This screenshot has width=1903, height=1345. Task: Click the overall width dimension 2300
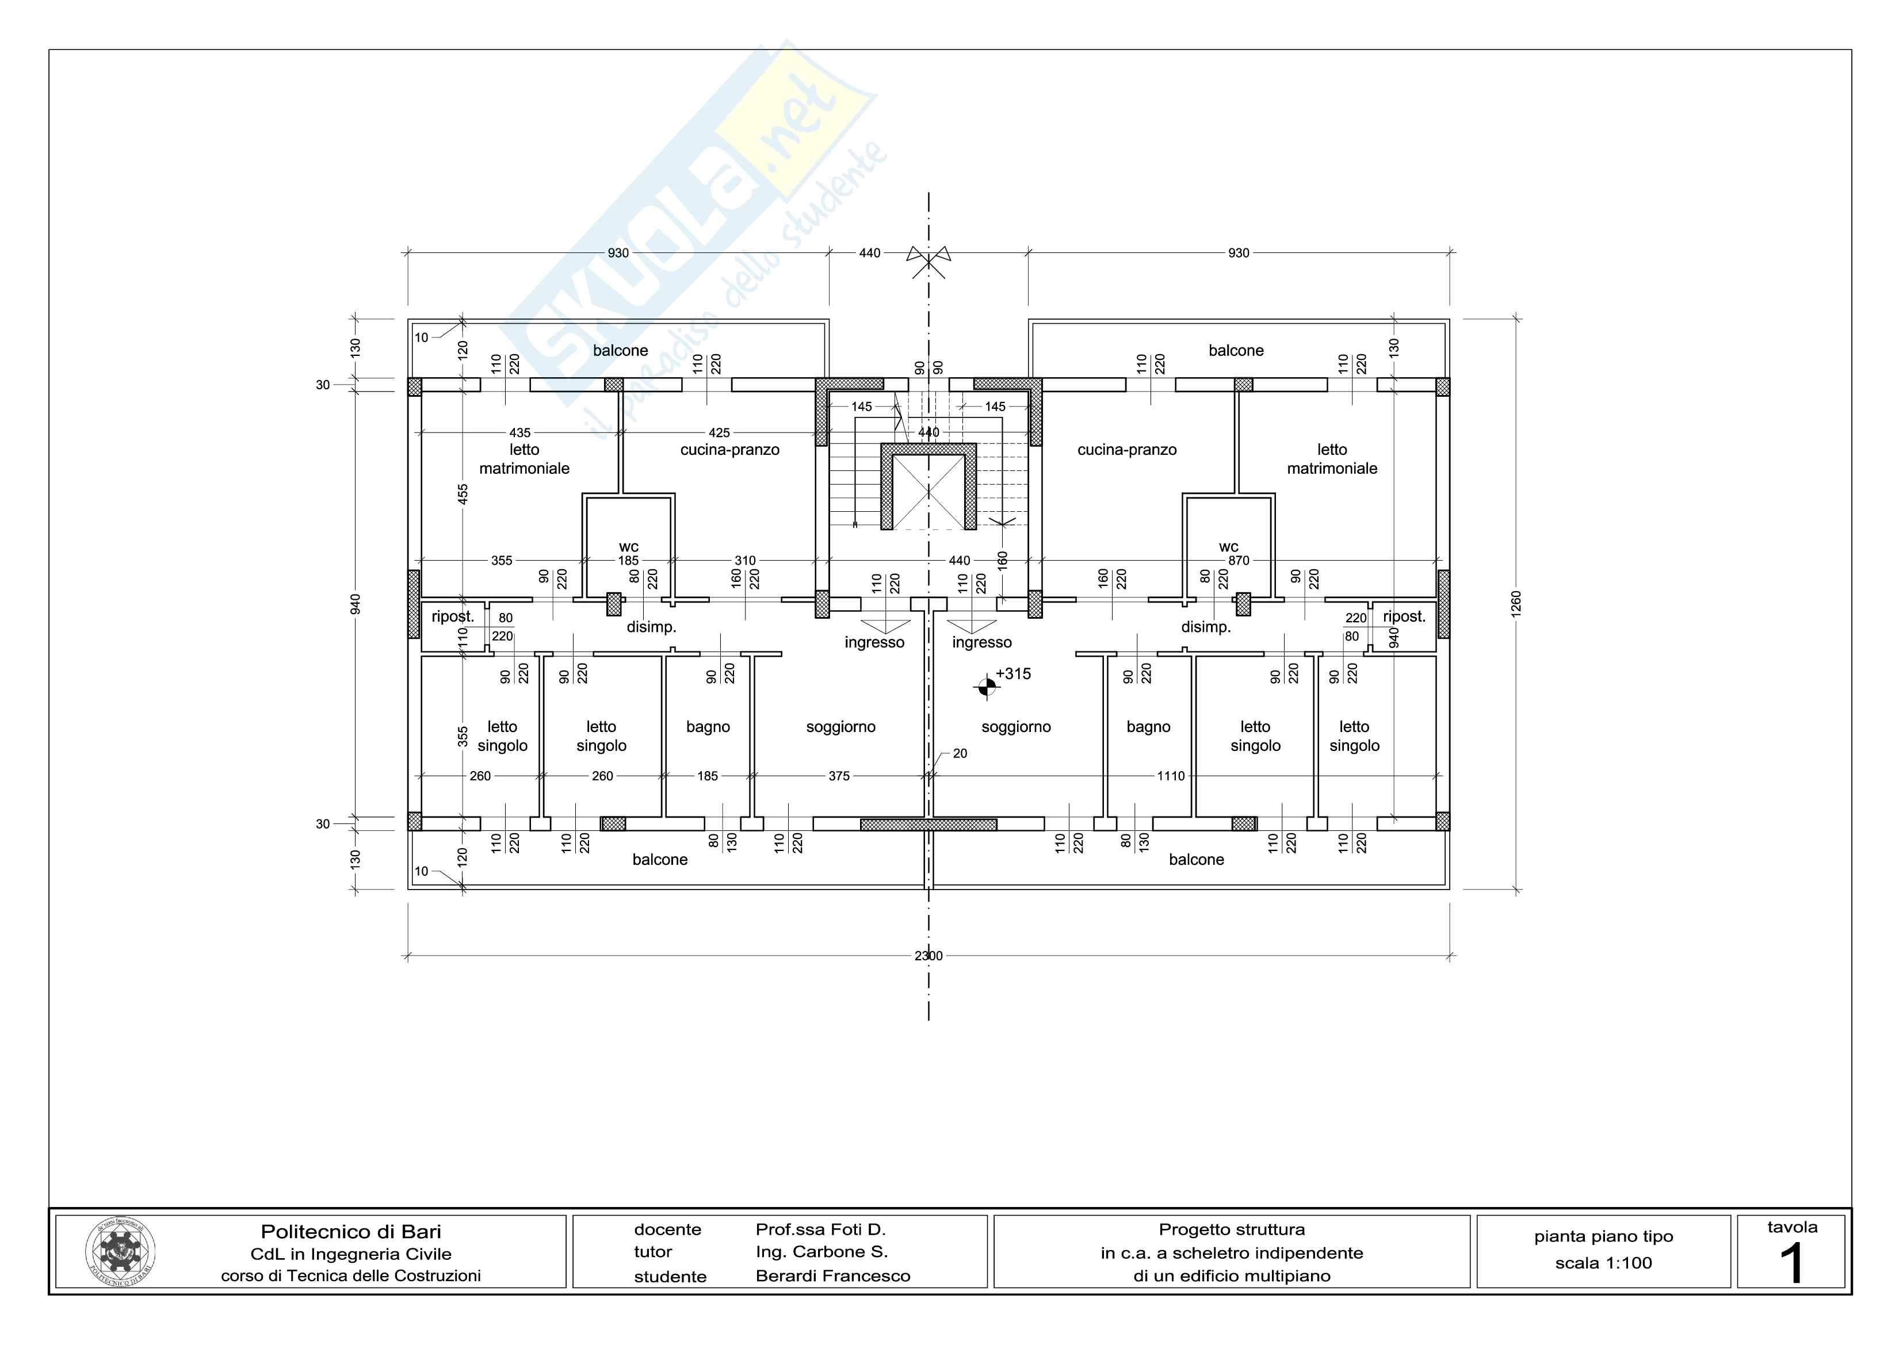(928, 956)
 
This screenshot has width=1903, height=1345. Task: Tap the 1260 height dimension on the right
(1516, 603)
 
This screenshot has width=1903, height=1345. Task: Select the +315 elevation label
(1013, 674)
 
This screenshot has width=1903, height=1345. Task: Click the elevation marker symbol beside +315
(987, 686)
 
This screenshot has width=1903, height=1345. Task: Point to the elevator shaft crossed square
(928, 492)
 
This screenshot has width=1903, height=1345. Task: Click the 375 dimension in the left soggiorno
(839, 776)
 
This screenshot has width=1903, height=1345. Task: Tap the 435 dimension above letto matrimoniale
(519, 432)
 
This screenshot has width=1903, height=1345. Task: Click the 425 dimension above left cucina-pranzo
(719, 432)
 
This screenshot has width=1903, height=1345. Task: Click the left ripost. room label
(453, 616)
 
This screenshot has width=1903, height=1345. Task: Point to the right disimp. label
(1205, 627)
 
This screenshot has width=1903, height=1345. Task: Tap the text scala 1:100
(1603, 1263)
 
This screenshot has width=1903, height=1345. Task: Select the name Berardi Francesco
(832, 1276)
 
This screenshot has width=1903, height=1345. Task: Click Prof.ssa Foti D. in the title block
(820, 1230)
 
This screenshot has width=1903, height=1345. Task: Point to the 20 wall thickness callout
(960, 753)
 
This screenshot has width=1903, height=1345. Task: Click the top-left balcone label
(620, 351)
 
